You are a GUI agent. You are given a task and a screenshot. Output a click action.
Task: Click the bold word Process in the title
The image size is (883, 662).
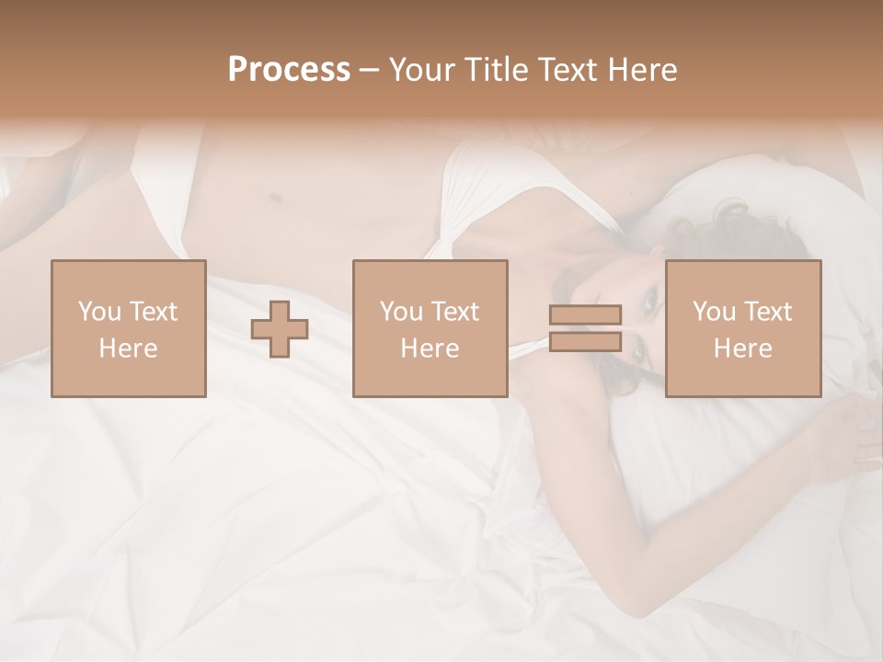289,70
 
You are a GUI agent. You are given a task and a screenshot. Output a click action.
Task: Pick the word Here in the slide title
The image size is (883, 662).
646,70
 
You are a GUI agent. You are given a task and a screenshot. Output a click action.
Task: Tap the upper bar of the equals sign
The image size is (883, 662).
585,315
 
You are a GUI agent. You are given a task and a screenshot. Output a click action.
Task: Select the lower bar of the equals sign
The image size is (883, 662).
585,341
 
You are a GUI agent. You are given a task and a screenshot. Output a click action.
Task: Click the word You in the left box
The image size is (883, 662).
97,312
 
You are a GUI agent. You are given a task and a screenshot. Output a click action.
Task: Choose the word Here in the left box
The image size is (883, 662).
128,348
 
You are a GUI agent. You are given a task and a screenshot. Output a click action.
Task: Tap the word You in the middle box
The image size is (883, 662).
400,312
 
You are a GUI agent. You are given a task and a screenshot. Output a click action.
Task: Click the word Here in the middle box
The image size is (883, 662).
430,348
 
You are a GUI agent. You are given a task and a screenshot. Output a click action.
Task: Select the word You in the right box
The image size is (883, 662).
713,312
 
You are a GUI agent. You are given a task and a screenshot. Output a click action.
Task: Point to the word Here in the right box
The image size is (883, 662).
743,348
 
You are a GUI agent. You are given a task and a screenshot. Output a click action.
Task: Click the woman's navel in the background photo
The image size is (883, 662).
273,195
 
